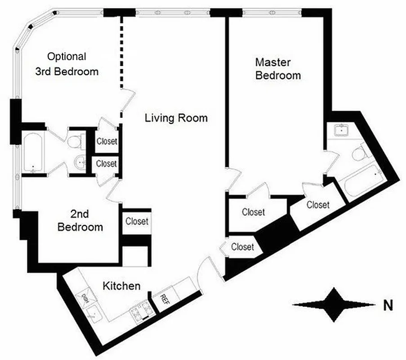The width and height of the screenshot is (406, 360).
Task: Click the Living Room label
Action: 176,118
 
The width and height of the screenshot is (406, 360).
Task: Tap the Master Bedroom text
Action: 278,68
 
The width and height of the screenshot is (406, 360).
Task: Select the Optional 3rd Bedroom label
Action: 67,64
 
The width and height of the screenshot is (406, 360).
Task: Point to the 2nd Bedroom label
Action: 80,220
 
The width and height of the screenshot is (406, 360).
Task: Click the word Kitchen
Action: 121,286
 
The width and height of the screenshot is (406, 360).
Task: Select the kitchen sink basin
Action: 95,312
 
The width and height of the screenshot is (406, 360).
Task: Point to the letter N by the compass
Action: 388,306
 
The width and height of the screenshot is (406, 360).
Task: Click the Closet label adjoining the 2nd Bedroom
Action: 137,221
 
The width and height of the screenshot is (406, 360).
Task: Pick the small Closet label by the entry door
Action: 242,247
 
